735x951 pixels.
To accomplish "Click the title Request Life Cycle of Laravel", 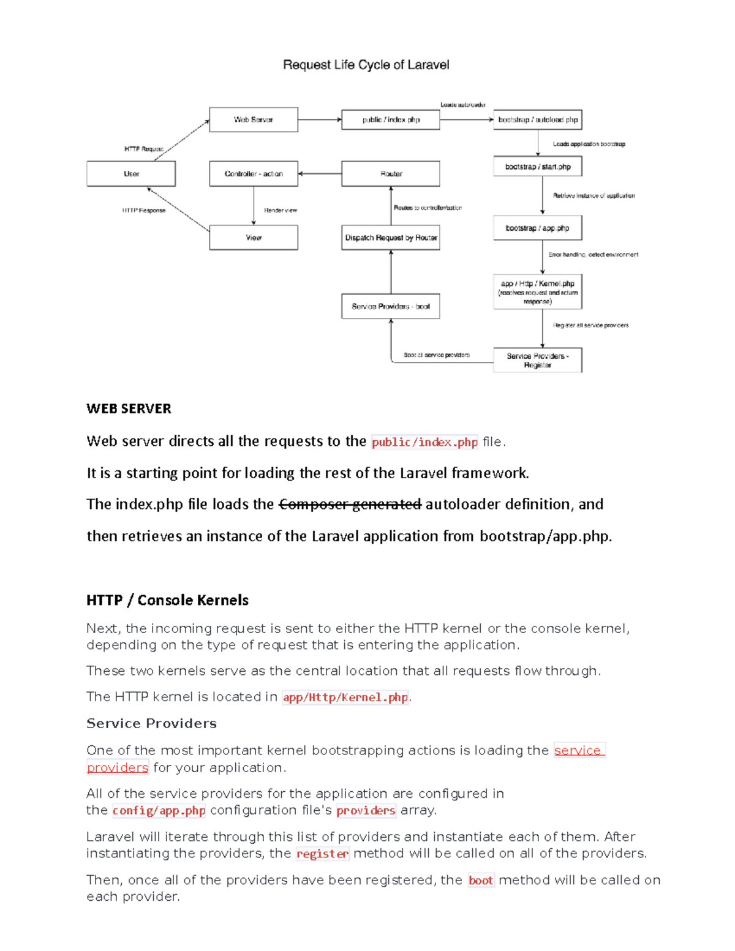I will pyautogui.click(x=366, y=65).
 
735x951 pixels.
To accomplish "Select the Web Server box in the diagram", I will pyautogui.click(x=254, y=120).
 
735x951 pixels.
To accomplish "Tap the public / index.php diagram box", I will pyautogui.click(x=391, y=120).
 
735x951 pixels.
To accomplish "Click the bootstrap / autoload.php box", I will pyautogui.click(x=537, y=120).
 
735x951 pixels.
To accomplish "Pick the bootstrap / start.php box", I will pyautogui.click(x=537, y=167).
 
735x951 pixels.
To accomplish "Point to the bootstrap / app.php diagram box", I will pyautogui.click(x=537, y=228).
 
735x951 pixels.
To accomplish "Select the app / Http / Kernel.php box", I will pyautogui.click(x=537, y=292).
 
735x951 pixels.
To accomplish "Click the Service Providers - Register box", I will pyautogui.click(x=537, y=360).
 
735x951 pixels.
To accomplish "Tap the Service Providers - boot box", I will pyautogui.click(x=391, y=306).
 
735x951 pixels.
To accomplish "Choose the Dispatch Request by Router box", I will pyautogui.click(x=391, y=238).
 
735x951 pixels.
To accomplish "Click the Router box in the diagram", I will pyautogui.click(x=391, y=174).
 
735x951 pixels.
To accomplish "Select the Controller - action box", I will pyautogui.click(x=254, y=174).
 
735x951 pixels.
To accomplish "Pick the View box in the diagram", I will pyautogui.click(x=254, y=238).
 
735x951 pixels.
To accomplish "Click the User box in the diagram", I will pyautogui.click(x=131, y=174).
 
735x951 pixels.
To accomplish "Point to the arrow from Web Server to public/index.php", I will pyautogui.click(x=319, y=120).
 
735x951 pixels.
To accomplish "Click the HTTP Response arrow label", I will pyautogui.click(x=143, y=211).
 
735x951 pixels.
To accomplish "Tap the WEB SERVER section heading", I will pyautogui.click(x=129, y=408).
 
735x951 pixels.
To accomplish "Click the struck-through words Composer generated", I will pyautogui.click(x=350, y=505).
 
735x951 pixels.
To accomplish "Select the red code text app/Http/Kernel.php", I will pyautogui.click(x=345, y=697).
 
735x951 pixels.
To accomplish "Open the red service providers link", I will pyautogui.click(x=578, y=750).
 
